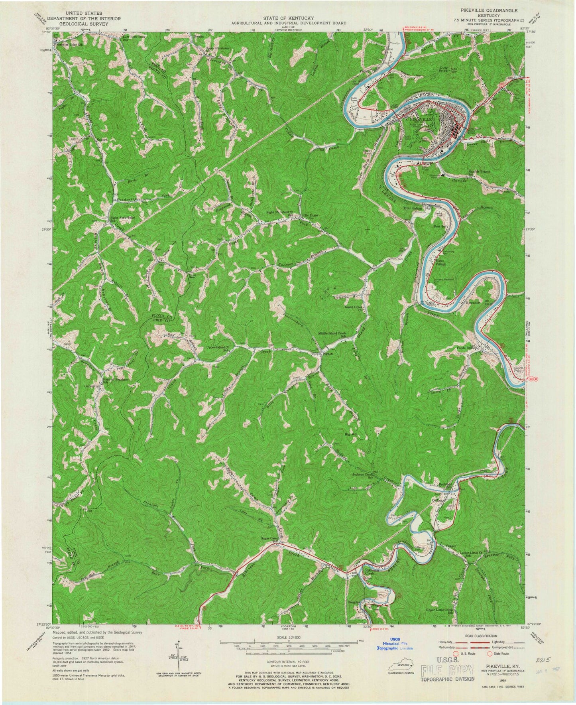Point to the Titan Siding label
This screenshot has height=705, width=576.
click(412, 208)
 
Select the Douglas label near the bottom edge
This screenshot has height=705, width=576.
click(354, 602)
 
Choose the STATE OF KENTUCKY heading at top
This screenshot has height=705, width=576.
click(288, 18)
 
